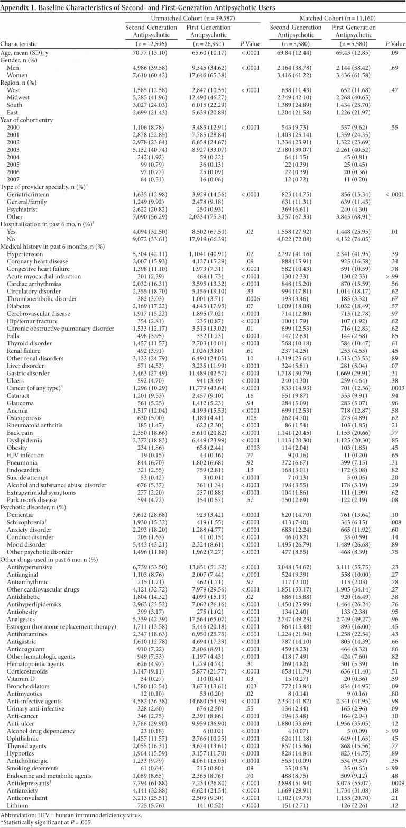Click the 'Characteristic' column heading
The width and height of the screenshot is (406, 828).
coord(21,43)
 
